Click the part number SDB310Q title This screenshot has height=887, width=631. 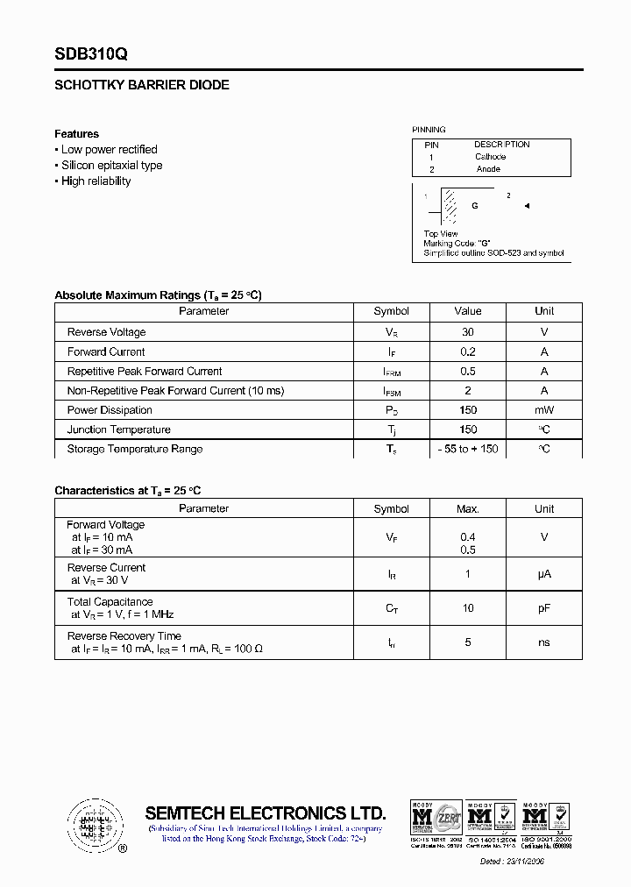pos(91,54)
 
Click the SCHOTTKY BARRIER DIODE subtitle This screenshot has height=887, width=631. pos(142,86)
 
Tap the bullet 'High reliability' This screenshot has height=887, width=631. pos(96,181)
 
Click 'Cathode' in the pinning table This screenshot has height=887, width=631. pos(491,157)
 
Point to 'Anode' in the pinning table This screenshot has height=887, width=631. pos(488,169)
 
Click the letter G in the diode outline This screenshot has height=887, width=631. pos(475,206)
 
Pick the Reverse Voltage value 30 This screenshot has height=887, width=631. pos(468,332)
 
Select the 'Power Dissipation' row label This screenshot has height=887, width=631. pos(110,410)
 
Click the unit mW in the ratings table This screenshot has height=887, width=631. pos(544,410)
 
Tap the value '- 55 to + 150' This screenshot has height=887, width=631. pos(468,449)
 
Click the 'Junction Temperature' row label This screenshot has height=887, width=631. pos(118,429)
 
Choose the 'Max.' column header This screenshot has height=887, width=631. pos(468,508)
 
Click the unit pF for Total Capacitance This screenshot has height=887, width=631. pos(544,608)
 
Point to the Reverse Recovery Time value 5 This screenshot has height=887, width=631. pos(468,642)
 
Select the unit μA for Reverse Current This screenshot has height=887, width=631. pos(544,574)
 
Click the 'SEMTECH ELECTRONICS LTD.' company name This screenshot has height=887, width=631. pos(265,812)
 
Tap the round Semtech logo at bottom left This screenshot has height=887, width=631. pos(93,825)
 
